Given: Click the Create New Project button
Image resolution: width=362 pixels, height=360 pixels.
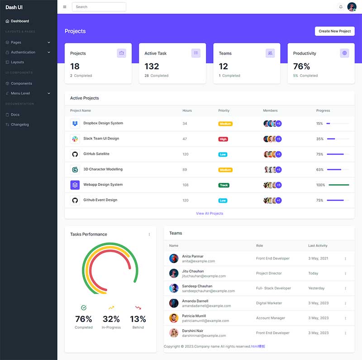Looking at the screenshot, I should click(x=334, y=31).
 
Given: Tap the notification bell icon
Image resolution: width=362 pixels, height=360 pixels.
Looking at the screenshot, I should click(x=341, y=7).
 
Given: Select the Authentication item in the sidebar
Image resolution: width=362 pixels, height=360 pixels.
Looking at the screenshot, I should click(x=23, y=52).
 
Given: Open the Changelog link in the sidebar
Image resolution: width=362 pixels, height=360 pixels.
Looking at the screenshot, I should click(x=20, y=124).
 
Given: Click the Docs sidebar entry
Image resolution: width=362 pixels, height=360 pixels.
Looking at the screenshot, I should click(x=15, y=114).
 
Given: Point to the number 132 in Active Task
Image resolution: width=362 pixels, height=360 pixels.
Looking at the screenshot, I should click(x=152, y=66).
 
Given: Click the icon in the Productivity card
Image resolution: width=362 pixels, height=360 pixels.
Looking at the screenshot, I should click(x=344, y=53).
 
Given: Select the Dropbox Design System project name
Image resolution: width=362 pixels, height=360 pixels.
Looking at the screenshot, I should click(x=103, y=123).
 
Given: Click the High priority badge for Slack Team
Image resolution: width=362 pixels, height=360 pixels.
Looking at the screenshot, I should click(x=223, y=139).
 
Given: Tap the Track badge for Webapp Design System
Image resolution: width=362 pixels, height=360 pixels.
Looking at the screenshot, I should click(x=224, y=185).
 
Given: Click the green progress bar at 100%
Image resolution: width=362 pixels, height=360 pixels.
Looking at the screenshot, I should click(x=339, y=185).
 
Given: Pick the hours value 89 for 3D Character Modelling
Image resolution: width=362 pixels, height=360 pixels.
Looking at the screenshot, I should click(x=185, y=170).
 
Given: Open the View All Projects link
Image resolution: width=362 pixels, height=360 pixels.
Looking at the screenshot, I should click(x=210, y=213).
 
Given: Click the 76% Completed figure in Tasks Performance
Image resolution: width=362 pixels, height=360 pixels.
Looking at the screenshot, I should click(x=84, y=319).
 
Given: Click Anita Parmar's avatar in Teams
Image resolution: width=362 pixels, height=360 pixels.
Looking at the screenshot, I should click(x=174, y=258).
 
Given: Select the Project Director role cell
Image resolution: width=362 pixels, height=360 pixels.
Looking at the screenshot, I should click(x=269, y=273).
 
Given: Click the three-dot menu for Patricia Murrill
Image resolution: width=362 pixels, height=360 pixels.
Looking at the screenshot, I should click(x=345, y=318).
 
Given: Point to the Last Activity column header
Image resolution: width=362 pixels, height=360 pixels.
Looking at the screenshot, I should click(x=318, y=246).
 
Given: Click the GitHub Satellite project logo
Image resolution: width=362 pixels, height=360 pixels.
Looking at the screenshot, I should click(x=75, y=154).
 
